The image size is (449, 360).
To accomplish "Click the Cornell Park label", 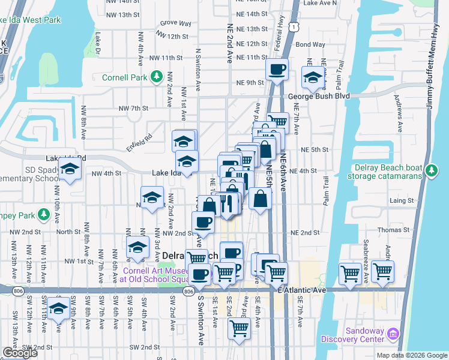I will (125, 77).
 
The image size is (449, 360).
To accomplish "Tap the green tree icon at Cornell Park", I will (157, 76).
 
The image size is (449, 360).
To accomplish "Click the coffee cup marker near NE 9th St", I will (277, 70).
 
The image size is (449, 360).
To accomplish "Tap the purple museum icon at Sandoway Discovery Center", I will (393, 332).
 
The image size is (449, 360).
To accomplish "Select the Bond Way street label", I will (310, 44).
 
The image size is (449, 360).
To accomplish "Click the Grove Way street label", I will (175, 23).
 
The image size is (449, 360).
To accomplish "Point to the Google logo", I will (20, 353).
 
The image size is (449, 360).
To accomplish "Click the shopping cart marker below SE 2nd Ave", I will (239, 328).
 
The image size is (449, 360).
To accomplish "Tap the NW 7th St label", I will (133, 108).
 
